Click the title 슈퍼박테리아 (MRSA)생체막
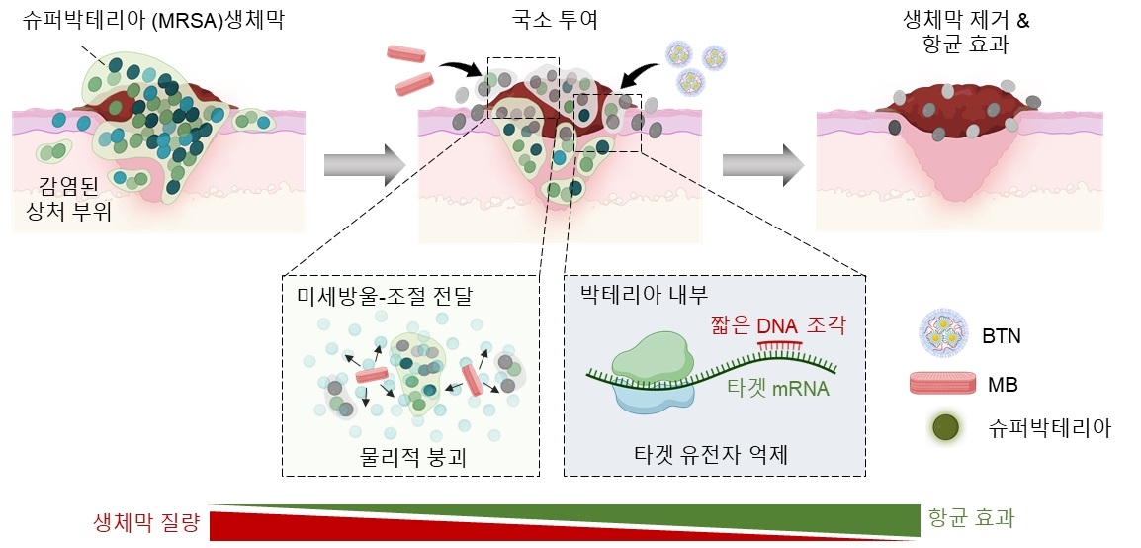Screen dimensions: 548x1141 [x=154, y=20]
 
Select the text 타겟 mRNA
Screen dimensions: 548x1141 [x=777, y=389]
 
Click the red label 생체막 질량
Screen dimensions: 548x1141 [x=147, y=521]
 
